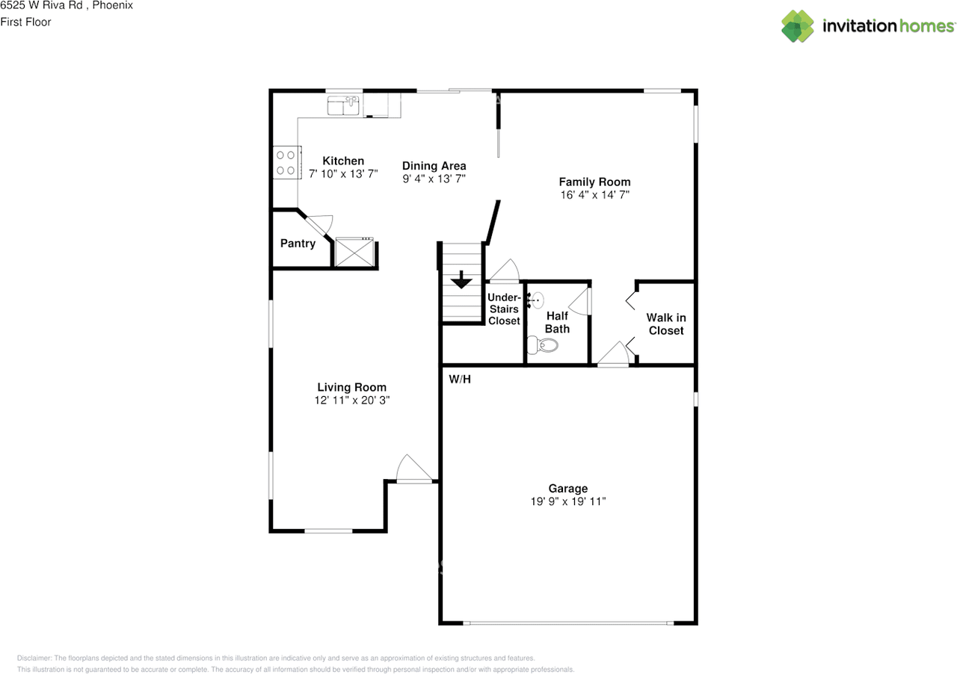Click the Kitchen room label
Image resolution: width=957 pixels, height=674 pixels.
pos(343,161)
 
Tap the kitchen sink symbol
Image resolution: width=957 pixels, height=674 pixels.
pos(343,106)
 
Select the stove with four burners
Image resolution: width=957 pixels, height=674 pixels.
pos(286,162)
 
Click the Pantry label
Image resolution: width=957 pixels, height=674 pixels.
pos(298,244)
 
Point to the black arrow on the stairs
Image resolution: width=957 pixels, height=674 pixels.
pos(461,279)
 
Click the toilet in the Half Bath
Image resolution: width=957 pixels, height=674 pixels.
pos(542,345)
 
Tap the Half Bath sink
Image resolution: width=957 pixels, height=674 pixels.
pos(536,300)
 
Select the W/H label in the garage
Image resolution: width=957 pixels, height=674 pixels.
pos(460,379)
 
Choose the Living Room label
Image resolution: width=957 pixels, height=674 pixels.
pos(351,387)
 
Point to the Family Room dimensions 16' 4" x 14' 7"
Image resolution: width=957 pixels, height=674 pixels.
pos(594,194)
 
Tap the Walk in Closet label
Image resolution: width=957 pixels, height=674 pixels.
pos(666,324)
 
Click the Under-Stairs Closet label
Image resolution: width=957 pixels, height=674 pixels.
pos(504,309)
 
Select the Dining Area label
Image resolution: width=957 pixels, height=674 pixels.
pos(434,166)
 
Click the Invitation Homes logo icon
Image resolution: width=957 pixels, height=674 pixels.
pos(798,26)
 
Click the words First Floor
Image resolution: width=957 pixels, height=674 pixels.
pos(25,22)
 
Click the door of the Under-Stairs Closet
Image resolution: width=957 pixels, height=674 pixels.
pos(504,270)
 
